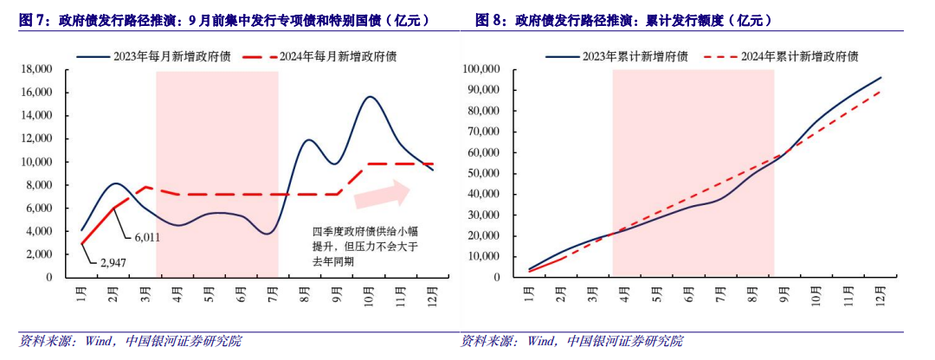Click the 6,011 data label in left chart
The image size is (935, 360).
[146, 236]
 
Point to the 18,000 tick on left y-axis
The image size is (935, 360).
[36, 68]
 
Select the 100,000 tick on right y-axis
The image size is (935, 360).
[483, 68]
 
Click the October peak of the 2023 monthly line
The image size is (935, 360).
[371, 97]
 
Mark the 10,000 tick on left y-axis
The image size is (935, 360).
[36, 162]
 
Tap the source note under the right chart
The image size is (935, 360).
[571, 340]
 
